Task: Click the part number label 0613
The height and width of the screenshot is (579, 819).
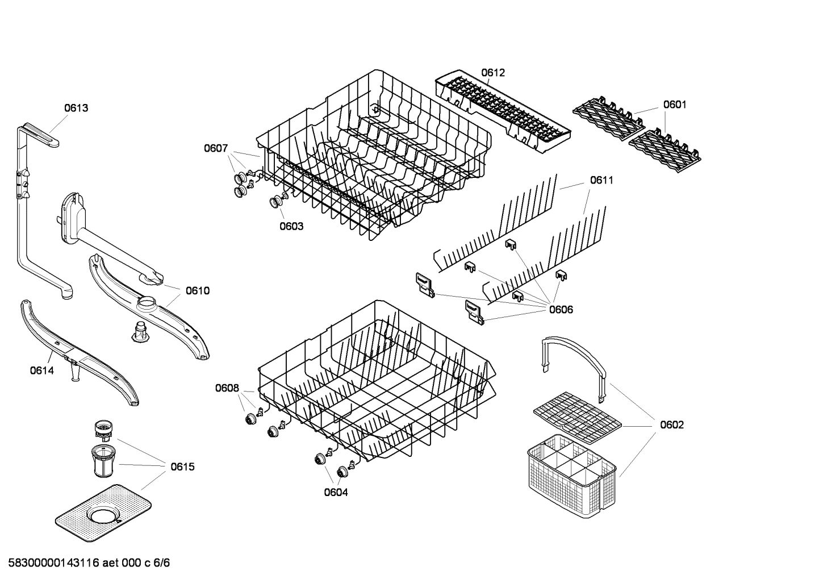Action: click(76, 108)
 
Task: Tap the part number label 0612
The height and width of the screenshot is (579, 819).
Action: click(492, 73)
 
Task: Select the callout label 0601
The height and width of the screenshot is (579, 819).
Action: click(675, 105)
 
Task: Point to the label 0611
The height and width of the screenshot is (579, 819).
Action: click(601, 180)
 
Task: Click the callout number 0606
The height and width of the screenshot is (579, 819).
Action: click(561, 310)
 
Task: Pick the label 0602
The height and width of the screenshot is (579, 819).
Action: click(672, 425)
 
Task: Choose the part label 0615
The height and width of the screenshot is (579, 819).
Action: click(182, 467)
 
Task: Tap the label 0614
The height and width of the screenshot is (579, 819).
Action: click(42, 371)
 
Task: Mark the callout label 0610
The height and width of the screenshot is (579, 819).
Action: click(198, 291)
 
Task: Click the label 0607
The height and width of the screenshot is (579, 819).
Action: click(216, 149)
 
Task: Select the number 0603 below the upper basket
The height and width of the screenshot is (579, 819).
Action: click(291, 226)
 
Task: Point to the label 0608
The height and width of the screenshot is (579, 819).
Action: click(227, 389)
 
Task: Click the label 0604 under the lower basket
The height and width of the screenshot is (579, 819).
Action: click(336, 493)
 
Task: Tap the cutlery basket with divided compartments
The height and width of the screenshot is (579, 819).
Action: click(571, 477)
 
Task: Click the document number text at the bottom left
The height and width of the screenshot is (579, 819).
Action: click(85, 563)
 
